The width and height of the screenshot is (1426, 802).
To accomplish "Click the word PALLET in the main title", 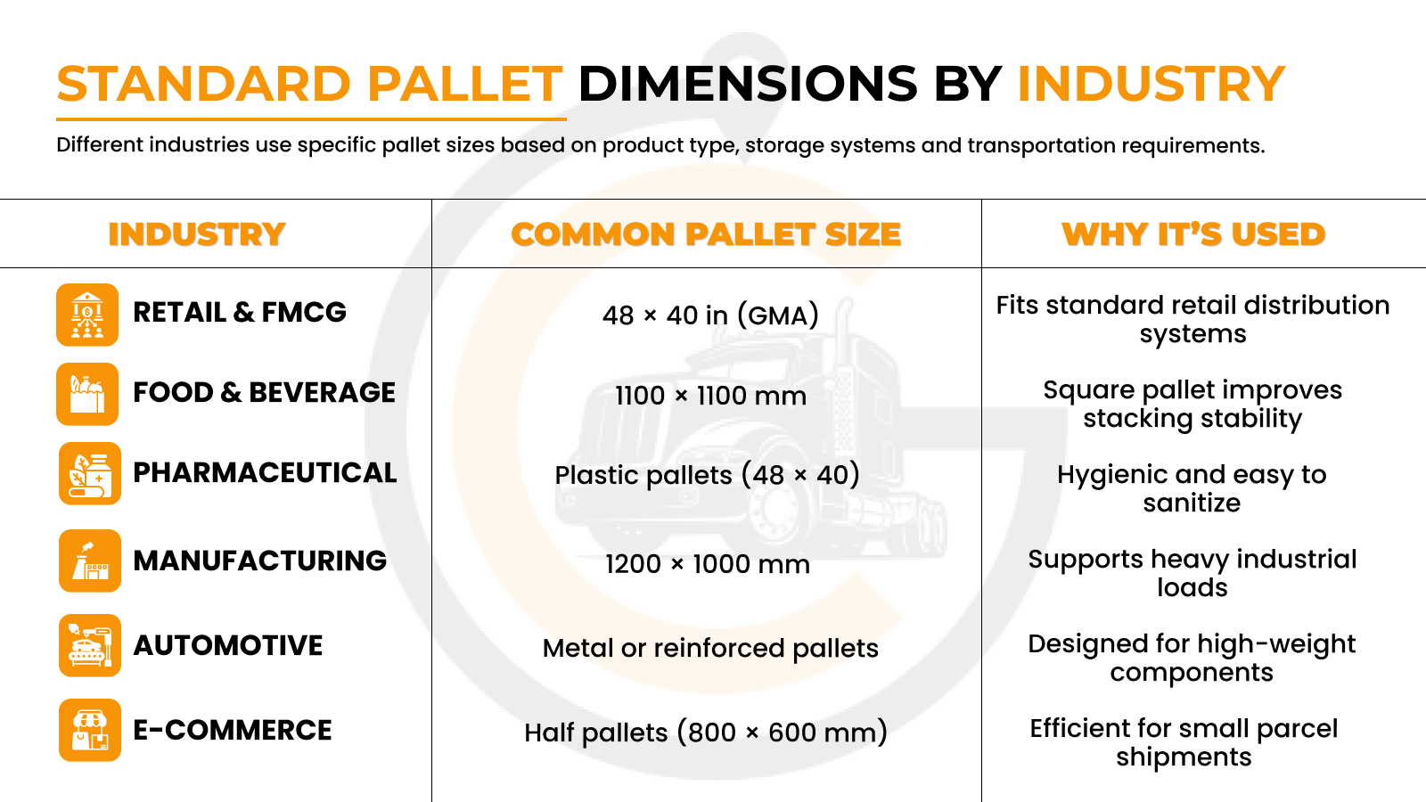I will coord(464,85).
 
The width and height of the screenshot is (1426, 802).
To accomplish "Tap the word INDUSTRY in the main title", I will coord(1151,85).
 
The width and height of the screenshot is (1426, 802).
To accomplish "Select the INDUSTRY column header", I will coord(197,234).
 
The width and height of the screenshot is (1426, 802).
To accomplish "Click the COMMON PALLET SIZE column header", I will coord(706,234).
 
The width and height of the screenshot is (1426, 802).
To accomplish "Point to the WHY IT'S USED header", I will coord(1193,234).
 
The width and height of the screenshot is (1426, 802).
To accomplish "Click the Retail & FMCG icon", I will coord(87,315).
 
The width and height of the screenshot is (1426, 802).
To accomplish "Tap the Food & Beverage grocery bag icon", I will coord(87,394).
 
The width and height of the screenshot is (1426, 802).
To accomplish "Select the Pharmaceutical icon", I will coord(90,473).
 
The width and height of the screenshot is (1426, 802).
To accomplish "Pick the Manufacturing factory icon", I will coord(90,561).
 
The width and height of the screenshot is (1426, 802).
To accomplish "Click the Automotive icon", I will coord(90,645).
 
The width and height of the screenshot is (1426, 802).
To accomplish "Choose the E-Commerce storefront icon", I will coord(90,730).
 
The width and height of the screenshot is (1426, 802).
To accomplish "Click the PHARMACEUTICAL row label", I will coord(265,473).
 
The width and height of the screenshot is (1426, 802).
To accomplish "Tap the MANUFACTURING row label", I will coord(259,561).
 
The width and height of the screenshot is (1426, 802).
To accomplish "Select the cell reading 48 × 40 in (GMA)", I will coord(710,315).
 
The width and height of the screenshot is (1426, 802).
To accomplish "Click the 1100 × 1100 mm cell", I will coord(710,396).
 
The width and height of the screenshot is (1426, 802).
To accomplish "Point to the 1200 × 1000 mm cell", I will coord(708,564).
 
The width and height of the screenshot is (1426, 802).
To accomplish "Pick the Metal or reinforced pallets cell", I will coord(710,648).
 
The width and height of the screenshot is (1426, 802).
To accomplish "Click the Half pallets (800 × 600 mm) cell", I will coord(706,732).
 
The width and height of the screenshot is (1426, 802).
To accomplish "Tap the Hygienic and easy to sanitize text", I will coord(1192,488).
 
